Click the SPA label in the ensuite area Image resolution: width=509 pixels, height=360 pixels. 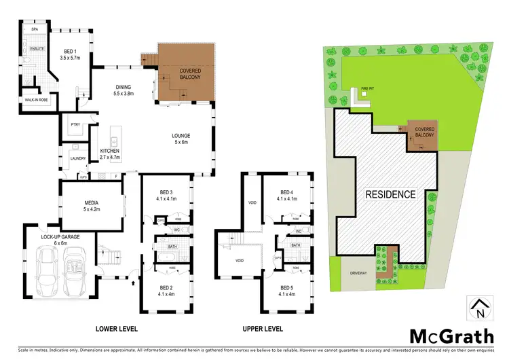click(x=35, y=29)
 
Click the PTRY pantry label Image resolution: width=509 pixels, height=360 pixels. click(x=75, y=124)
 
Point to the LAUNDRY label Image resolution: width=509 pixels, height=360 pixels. click(x=77, y=159)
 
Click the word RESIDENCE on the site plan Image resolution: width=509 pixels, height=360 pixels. click(x=390, y=194)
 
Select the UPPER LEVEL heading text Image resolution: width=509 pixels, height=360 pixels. click(x=262, y=329)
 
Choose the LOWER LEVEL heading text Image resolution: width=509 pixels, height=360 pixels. click(x=117, y=329)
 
